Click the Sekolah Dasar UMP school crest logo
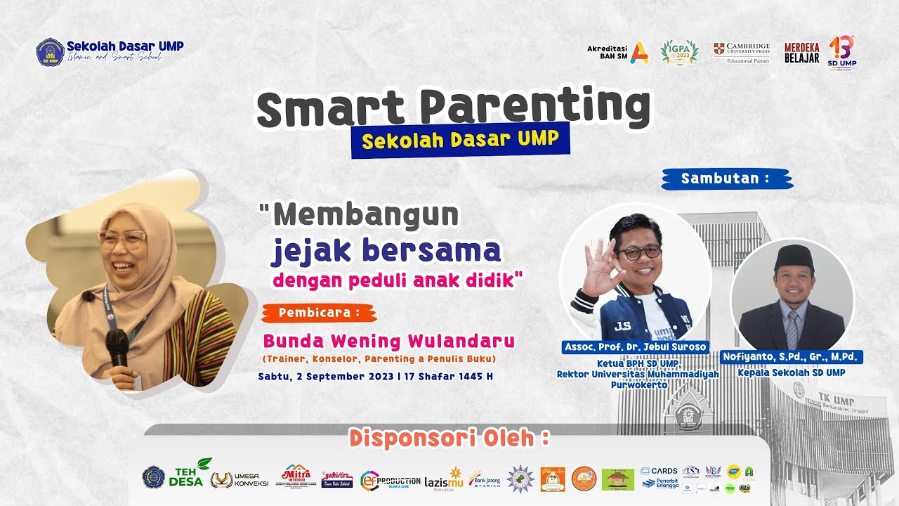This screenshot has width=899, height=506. point(49,52)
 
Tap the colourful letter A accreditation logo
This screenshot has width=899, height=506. point(639,53)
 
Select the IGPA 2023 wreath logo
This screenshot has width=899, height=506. point(679,52)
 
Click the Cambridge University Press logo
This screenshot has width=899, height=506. point(742,51)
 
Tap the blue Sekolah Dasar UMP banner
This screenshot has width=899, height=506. point(460,139)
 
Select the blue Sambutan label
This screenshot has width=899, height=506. point(726,179)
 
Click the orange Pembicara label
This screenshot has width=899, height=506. point(319,313)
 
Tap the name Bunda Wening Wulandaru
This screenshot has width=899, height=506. point(388,342)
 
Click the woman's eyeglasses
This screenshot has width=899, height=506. point(122,240)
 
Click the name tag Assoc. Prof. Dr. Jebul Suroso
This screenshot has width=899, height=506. point(636,347)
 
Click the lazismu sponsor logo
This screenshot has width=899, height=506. point(444,478)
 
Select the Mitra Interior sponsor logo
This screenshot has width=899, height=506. point(296,476)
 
